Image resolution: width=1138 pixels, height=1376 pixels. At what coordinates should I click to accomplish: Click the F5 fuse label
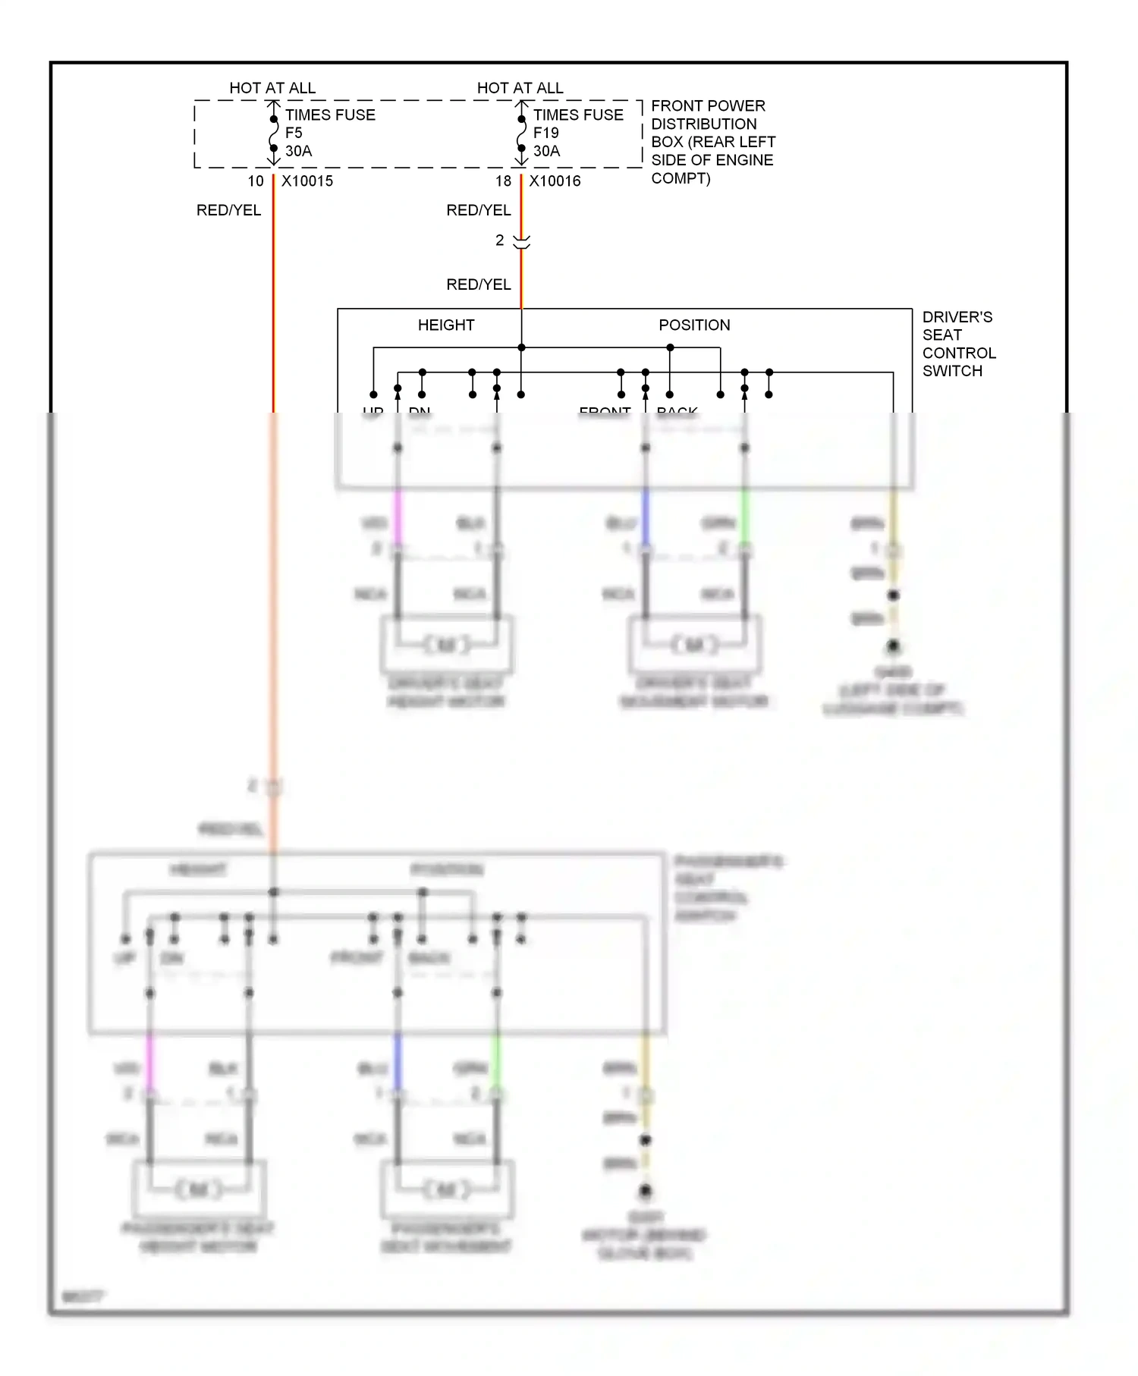[x=294, y=133]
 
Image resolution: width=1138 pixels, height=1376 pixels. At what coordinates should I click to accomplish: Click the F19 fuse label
[x=545, y=133]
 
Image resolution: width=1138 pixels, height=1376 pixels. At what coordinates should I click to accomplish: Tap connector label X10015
[x=307, y=181]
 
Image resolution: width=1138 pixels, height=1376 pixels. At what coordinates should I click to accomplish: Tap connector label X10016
[x=555, y=181]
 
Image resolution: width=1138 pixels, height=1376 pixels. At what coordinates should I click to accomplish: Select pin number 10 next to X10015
[x=256, y=181]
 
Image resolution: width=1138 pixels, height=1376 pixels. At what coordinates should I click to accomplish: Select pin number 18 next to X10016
[x=503, y=181]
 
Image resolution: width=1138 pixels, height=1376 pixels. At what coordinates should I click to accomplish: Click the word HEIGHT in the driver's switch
[x=446, y=325]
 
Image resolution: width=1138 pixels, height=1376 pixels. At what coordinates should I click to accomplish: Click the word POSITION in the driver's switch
[x=694, y=325]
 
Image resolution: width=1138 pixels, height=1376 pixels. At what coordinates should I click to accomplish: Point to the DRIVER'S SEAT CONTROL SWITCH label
[x=958, y=344]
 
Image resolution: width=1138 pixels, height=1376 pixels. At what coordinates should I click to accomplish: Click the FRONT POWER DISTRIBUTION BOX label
[x=712, y=142]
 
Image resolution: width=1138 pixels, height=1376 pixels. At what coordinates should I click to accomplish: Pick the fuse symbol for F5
[x=274, y=134]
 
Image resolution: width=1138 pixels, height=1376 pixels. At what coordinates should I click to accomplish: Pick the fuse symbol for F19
[x=521, y=134]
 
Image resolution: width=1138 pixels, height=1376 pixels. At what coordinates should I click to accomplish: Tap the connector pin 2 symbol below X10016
[x=521, y=242]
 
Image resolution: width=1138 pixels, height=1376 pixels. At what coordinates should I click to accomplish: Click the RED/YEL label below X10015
[x=228, y=210]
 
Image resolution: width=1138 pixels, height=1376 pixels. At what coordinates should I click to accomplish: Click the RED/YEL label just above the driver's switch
[x=478, y=284]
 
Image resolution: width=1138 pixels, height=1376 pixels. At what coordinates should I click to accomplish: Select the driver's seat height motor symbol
[x=447, y=645]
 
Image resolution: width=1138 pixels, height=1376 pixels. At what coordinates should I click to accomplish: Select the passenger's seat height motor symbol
[x=200, y=1189]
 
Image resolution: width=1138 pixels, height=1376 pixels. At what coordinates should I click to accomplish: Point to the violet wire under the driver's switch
[x=398, y=516]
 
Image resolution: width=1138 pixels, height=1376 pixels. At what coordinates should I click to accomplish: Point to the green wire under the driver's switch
[x=745, y=516]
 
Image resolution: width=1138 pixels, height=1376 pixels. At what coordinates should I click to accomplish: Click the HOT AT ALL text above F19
[x=520, y=88]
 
